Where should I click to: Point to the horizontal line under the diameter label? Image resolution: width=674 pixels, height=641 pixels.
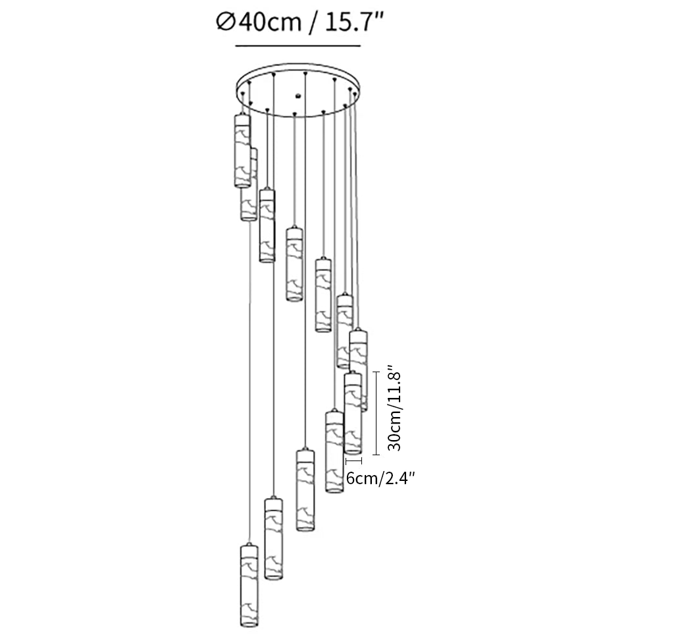coord(298,46)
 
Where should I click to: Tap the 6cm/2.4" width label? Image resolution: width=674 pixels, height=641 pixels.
coord(380,479)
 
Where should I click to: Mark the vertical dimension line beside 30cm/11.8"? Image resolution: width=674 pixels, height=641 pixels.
coord(376,413)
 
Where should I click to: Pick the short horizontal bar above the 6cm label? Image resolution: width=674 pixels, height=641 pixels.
coord(353,462)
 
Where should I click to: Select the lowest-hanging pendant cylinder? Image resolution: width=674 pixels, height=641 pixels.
coord(249,585)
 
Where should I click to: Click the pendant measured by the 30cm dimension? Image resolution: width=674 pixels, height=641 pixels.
coord(353,413)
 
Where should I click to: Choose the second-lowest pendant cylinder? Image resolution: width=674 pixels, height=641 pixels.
coord(273,539)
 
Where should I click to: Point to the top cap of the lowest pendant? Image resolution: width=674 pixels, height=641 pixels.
coord(249,549)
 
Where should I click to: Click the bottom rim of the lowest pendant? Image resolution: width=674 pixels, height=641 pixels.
coord(249,623)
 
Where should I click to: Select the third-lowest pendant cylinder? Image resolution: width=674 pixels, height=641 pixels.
coord(303,490)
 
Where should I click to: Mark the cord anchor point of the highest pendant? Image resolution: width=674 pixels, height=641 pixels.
coord(243,94)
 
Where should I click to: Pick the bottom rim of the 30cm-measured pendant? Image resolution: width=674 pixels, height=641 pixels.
coord(353,452)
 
